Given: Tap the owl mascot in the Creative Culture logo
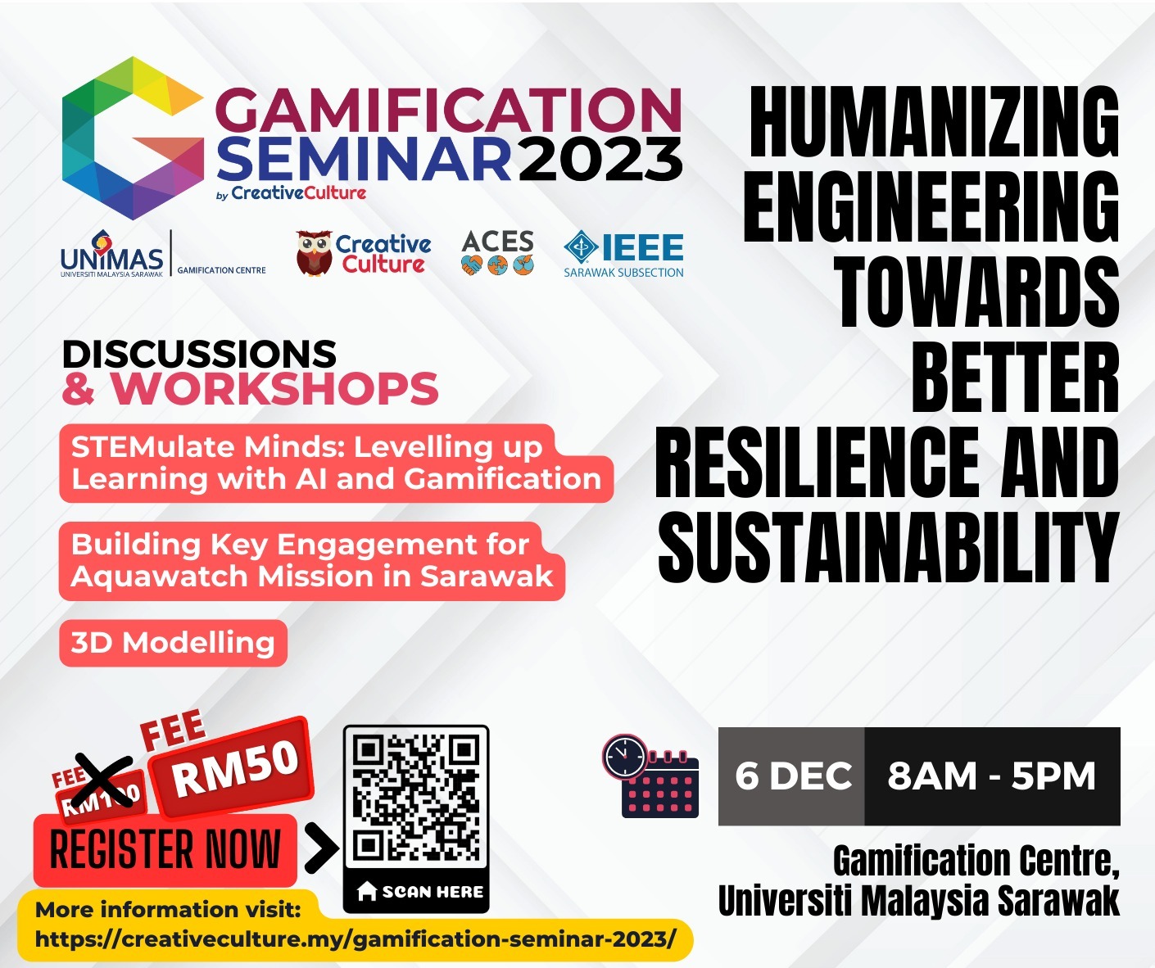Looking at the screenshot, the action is click(x=314, y=253).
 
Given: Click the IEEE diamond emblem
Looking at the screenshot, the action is click(x=580, y=247).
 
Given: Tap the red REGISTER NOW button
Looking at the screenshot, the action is click(x=165, y=849).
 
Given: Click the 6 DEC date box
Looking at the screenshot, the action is click(x=791, y=776).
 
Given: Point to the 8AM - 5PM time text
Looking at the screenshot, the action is click(x=991, y=776).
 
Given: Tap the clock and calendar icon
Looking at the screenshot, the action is click(x=650, y=776).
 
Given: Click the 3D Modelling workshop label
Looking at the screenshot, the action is click(x=173, y=643).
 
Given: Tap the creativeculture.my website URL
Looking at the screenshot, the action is click(x=356, y=939).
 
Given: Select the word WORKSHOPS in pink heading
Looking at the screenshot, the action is click(x=274, y=388).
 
